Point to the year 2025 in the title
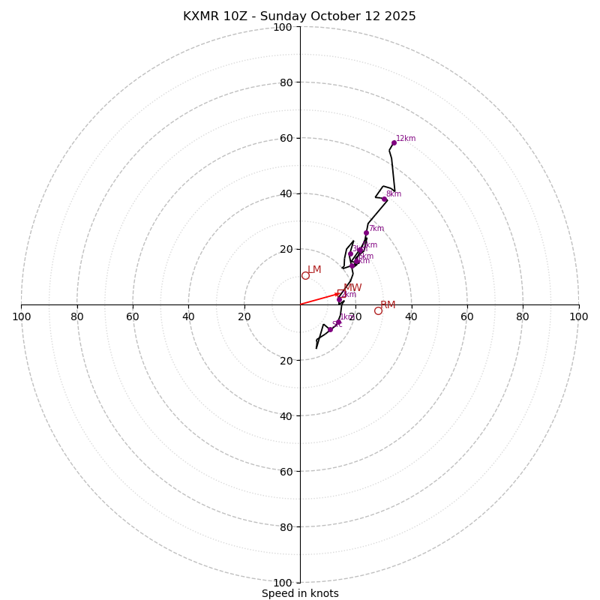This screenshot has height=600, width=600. (400, 16)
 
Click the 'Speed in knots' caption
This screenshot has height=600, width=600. (300, 593)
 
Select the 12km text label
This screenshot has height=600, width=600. (406, 139)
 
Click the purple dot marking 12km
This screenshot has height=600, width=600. (394, 142)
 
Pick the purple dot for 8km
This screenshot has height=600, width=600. (385, 199)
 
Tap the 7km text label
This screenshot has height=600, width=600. (376, 229)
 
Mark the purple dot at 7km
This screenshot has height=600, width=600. (366, 232)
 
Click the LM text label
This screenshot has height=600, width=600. (314, 270)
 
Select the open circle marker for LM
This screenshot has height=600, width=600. (305, 275)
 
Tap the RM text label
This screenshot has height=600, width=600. (388, 305)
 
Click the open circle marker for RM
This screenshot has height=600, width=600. (378, 310)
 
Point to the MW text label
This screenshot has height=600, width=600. (352, 288)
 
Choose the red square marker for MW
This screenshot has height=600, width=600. (341, 293)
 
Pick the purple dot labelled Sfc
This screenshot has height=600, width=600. (330, 329)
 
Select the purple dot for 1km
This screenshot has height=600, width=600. (338, 322)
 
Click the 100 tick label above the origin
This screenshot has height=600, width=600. (283, 27)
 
